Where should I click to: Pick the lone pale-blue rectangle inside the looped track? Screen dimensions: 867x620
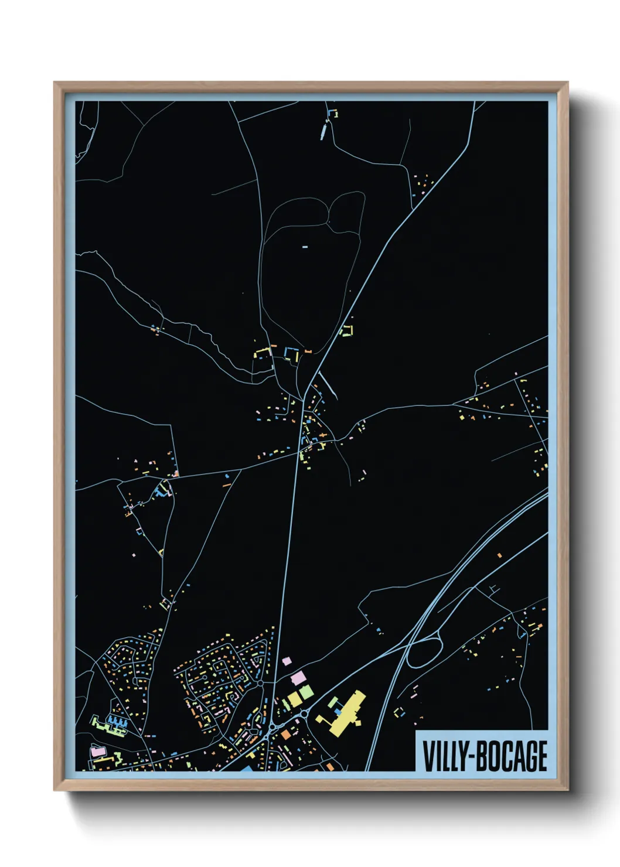(305, 247)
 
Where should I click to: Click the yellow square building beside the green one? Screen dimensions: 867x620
(294, 699)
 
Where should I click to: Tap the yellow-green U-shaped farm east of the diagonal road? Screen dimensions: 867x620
(347, 330)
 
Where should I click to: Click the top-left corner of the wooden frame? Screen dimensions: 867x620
(54, 83)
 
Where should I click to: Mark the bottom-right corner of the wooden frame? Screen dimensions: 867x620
(567, 790)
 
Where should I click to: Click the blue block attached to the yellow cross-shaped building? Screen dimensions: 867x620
(338, 711)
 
